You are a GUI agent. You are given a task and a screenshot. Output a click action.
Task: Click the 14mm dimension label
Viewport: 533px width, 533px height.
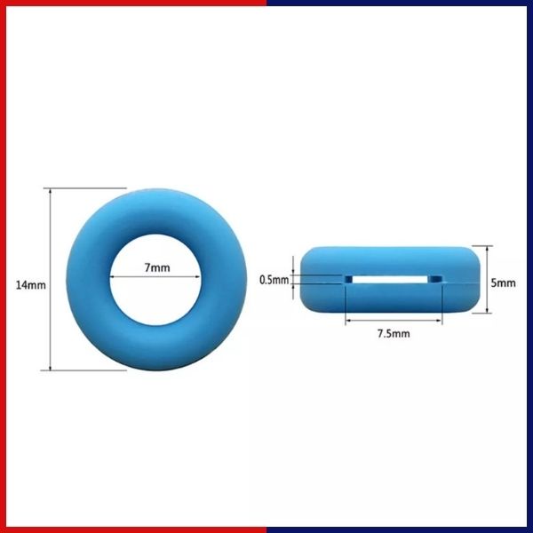(29, 285)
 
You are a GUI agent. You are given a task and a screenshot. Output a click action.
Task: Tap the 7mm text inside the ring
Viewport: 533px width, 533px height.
(157, 267)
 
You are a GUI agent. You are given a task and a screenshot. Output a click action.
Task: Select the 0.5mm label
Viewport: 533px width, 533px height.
(274, 280)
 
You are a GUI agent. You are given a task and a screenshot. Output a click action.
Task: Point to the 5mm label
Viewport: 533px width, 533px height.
(503, 283)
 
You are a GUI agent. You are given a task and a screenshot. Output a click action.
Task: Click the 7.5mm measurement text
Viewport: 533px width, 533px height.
(392, 334)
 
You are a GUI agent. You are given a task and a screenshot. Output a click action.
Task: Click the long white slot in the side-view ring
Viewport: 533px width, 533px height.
(392, 279)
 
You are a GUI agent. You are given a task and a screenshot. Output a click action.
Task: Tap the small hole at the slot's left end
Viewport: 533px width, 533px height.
(349, 279)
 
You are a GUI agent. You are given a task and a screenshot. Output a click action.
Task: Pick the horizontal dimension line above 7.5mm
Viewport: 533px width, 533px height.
(392, 321)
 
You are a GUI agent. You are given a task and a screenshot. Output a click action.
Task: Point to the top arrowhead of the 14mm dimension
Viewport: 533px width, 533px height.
(52, 192)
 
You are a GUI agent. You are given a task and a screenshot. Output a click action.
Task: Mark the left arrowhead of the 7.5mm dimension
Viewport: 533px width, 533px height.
(349, 321)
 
